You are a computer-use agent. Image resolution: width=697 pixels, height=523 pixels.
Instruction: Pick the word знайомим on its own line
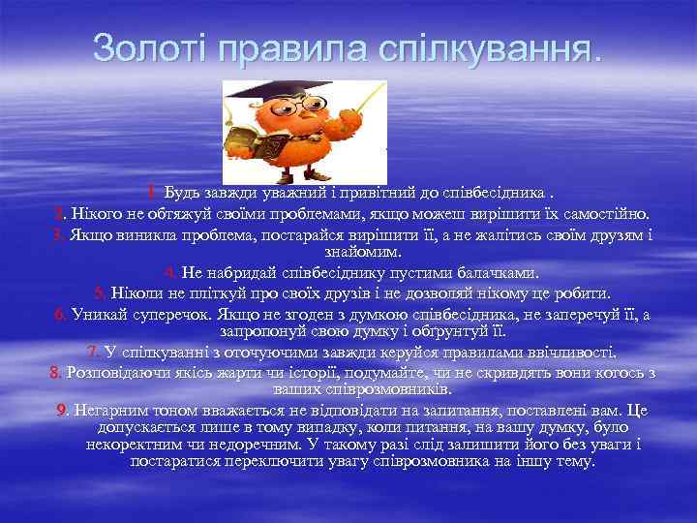click(x=347, y=253)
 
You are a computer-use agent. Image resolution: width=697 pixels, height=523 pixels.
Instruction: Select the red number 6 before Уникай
click(x=59, y=314)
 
